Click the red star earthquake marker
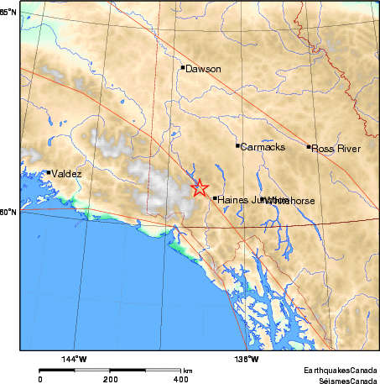(x=199, y=188)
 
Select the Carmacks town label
(x=263, y=147)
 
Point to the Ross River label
(x=336, y=148)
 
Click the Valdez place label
(x=68, y=173)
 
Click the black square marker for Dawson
(x=182, y=67)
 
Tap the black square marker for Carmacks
(x=237, y=145)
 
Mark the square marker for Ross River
(x=309, y=147)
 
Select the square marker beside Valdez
(x=49, y=172)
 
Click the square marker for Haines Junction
(x=215, y=198)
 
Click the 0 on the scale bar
(x=40, y=379)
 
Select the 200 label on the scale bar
(x=111, y=379)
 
